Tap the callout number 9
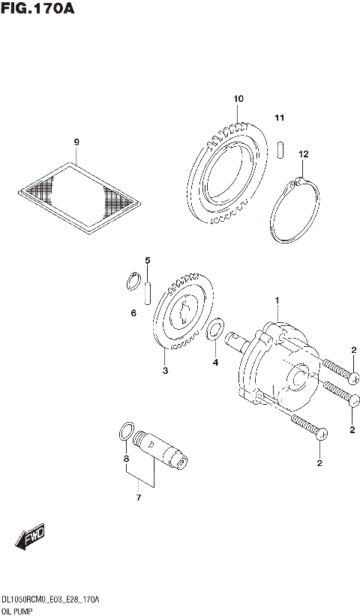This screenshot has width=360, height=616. pos(76,142)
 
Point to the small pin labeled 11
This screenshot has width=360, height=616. pos(280,148)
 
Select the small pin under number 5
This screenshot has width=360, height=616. pos(148,288)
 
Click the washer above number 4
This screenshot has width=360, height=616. pos(215,328)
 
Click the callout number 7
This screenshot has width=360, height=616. pos(137,497)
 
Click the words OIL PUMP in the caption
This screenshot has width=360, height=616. pos(19,611)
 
